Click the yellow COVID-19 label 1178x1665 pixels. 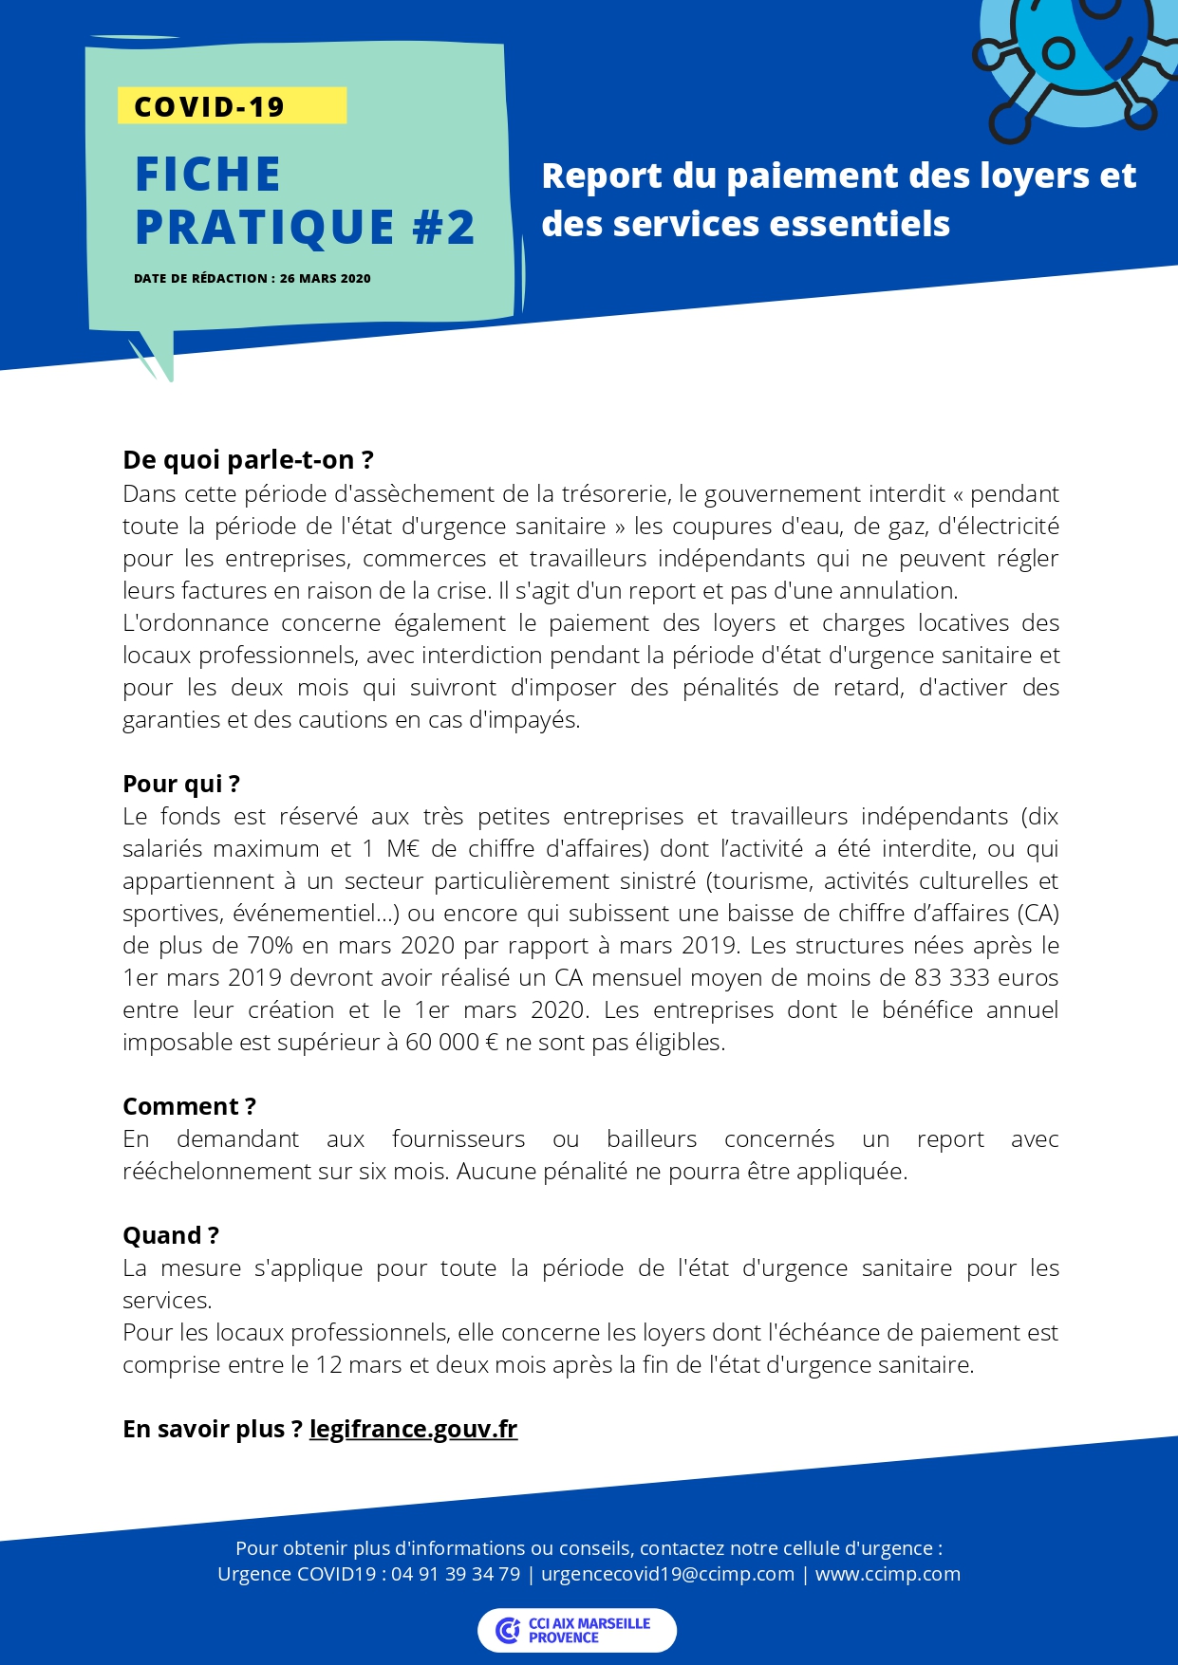click(232, 106)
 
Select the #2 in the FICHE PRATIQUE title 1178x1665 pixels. click(443, 228)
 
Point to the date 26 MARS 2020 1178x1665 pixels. click(325, 279)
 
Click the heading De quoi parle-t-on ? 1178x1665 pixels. click(248, 460)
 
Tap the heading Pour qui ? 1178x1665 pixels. click(181, 784)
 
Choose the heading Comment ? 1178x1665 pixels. click(189, 1106)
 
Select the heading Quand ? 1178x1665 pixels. click(171, 1235)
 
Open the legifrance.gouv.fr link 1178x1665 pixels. click(413, 1429)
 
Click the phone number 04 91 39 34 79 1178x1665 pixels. click(456, 1574)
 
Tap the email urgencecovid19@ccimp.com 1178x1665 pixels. click(667, 1574)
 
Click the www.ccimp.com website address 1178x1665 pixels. click(888, 1574)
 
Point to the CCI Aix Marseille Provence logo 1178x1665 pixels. click(576, 1630)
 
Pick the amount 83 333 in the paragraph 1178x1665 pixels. click(954, 978)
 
